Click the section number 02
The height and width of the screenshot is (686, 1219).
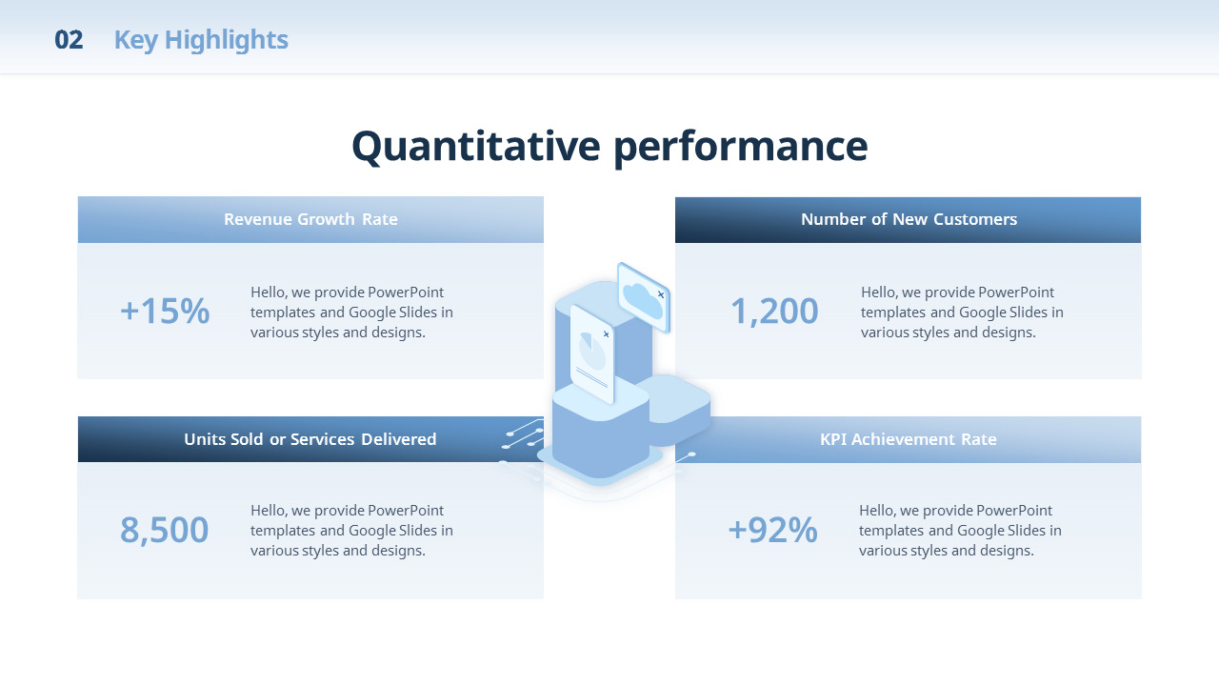click(69, 40)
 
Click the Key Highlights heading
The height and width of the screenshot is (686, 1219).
click(201, 40)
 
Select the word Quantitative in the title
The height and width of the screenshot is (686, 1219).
click(476, 147)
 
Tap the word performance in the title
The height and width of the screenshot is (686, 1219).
click(741, 148)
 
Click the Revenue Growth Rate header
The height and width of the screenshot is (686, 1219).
click(310, 219)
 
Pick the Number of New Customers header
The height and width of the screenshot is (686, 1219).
click(909, 219)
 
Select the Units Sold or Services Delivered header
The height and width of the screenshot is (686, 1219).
click(310, 439)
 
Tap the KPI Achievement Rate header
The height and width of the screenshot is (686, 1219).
click(909, 439)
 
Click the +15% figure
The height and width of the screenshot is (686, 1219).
click(165, 311)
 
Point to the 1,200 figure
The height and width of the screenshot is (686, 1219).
click(774, 312)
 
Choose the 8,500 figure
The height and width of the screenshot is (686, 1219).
click(165, 531)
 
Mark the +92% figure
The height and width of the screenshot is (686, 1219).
click(772, 530)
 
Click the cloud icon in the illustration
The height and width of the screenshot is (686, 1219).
click(642, 300)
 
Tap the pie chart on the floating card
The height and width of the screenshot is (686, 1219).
click(592, 352)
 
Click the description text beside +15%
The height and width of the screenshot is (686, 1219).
click(351, 313)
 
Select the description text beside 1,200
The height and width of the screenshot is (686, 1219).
click(962, 313)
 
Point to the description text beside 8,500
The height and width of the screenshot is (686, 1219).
click(351, 531)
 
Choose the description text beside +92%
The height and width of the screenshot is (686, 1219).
click(960, 531)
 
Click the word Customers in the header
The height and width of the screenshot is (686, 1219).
click(975, 219)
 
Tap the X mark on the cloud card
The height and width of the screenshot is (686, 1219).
click(661, 294)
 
